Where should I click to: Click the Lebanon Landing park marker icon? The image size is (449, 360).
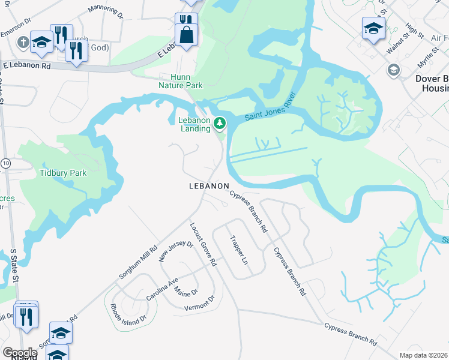[x=220, y=124]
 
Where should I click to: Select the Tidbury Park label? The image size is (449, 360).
[x=63, y=173]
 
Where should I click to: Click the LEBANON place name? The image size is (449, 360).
[x=209, y=187]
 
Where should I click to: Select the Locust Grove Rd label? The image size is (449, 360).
[x=203, y=244]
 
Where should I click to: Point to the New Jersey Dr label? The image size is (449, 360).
[x=176, y=252]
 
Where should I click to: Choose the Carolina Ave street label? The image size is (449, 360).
[x=162, y=290]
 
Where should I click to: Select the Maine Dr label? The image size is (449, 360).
[x=185, y=292]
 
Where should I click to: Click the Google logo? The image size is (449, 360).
[x=19, y=353]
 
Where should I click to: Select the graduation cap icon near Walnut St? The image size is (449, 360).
[x=373, y=28]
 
